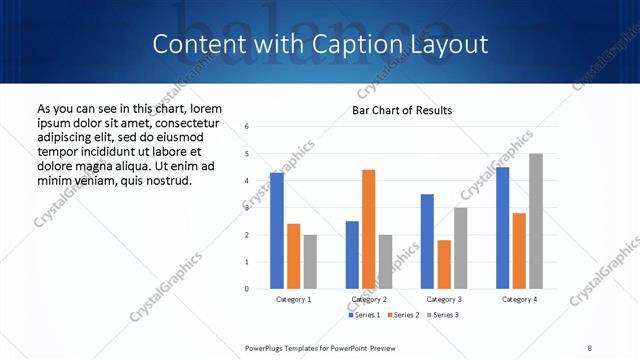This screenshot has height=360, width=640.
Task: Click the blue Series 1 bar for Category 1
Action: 277,231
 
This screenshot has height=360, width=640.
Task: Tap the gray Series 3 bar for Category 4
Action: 536,221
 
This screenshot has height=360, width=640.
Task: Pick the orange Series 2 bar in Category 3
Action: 444,264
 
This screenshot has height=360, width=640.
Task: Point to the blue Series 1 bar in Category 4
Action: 502,228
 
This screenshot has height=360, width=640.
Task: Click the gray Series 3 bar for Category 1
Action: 310,262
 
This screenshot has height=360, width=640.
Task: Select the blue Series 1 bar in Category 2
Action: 352,255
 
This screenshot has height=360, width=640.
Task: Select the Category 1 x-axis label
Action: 293,299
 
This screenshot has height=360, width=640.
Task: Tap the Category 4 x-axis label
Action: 519,299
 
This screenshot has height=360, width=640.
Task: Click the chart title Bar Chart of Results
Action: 402,110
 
